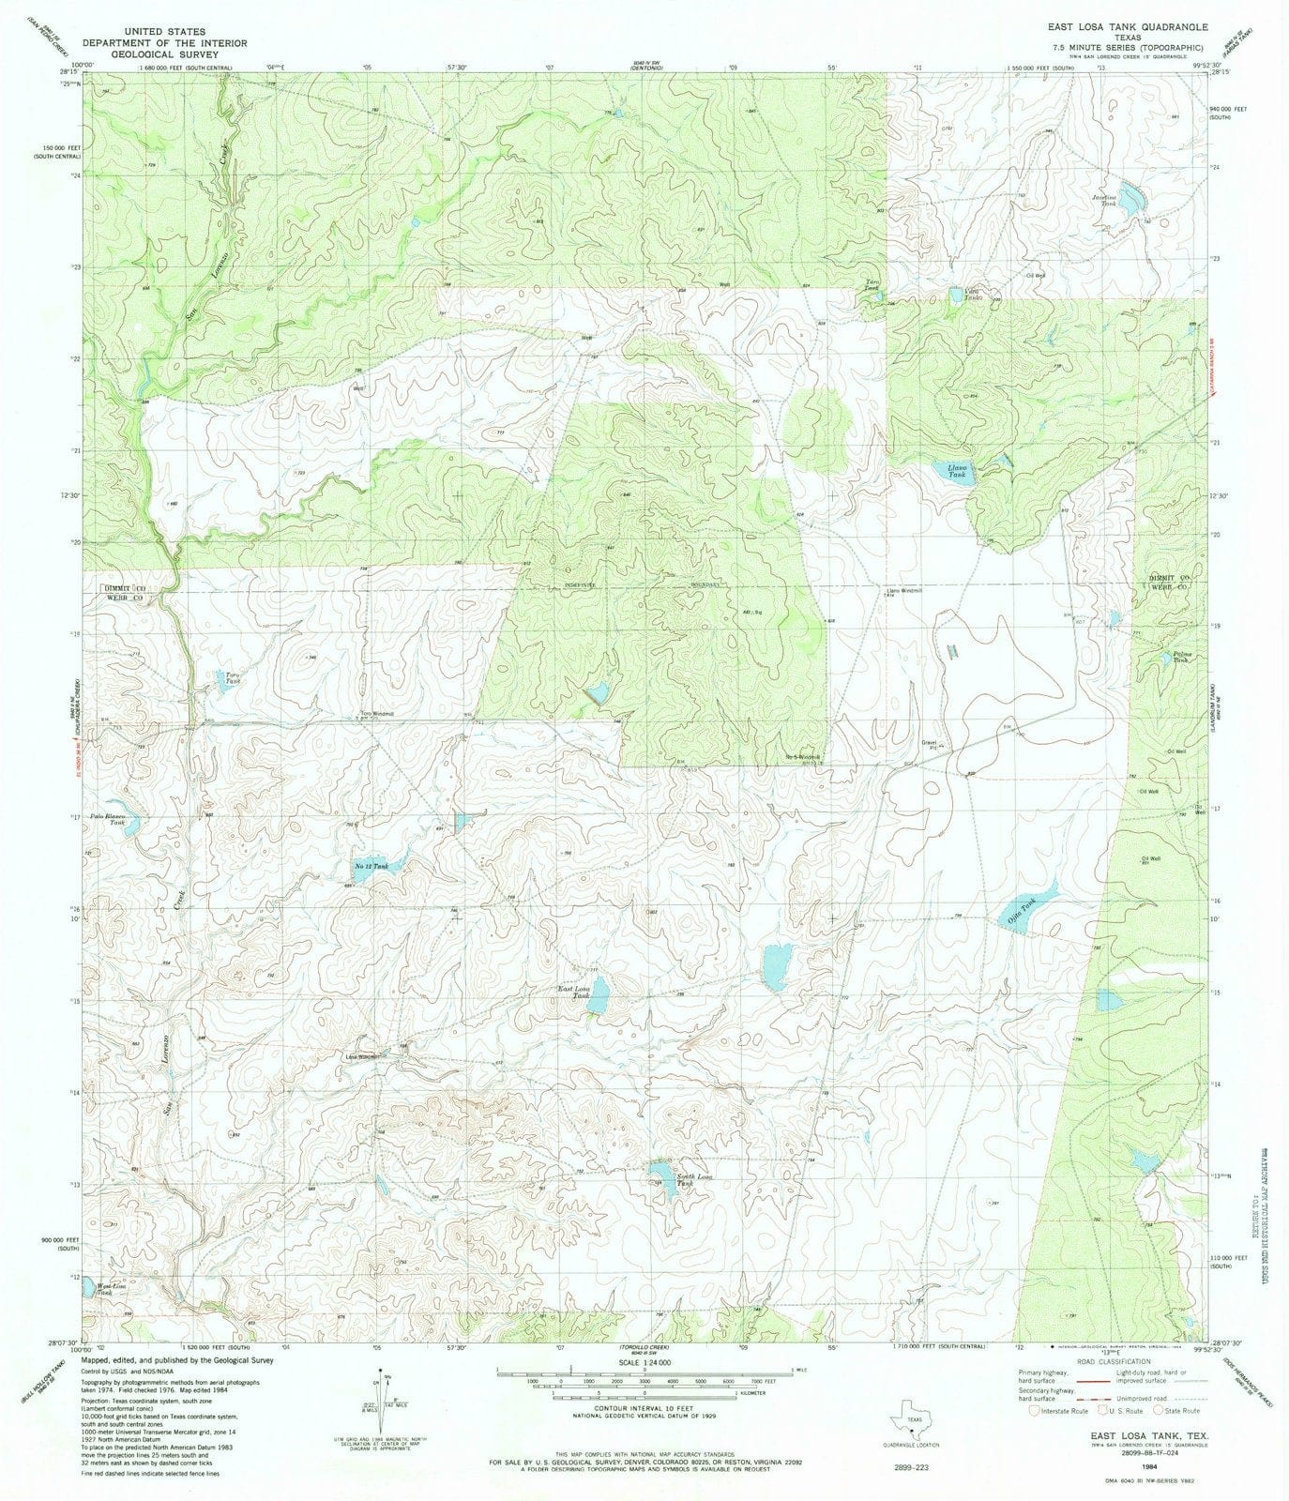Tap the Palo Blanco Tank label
pyautogui.click(x=109, y=819)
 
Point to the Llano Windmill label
pyautogui.click(x=904, y=591)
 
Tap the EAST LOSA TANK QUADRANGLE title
pyautogui.click(x=1114, y=27)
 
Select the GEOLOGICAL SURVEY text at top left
pyautogui.click(x=164, y=54)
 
